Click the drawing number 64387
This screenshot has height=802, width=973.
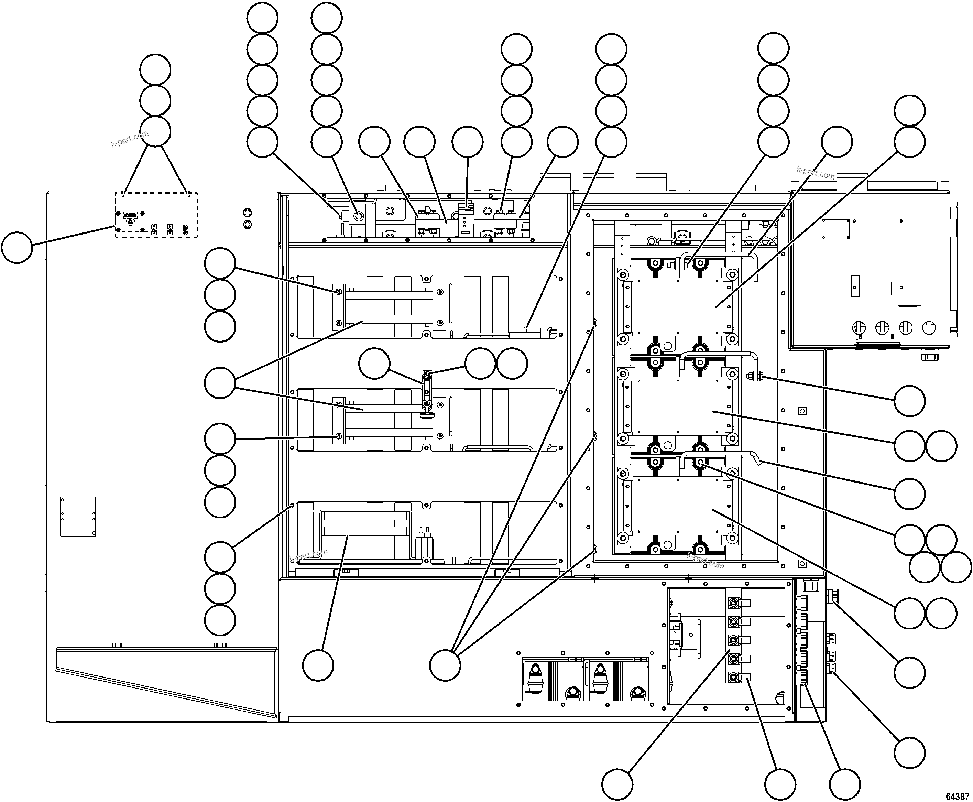957,796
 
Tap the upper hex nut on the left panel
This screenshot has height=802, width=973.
247,213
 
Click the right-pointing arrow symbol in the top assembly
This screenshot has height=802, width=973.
466,232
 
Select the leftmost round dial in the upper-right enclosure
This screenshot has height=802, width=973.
859,327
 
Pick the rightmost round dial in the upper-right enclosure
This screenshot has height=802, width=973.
929,327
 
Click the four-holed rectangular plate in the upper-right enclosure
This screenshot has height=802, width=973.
836,229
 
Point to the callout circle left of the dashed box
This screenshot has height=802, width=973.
17,248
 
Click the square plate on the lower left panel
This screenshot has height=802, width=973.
78,517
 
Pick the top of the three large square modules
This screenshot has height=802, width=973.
677,306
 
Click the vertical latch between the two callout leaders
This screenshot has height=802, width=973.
427,393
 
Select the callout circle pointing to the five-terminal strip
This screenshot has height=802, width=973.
617,784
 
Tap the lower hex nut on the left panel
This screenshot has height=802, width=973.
247,225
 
